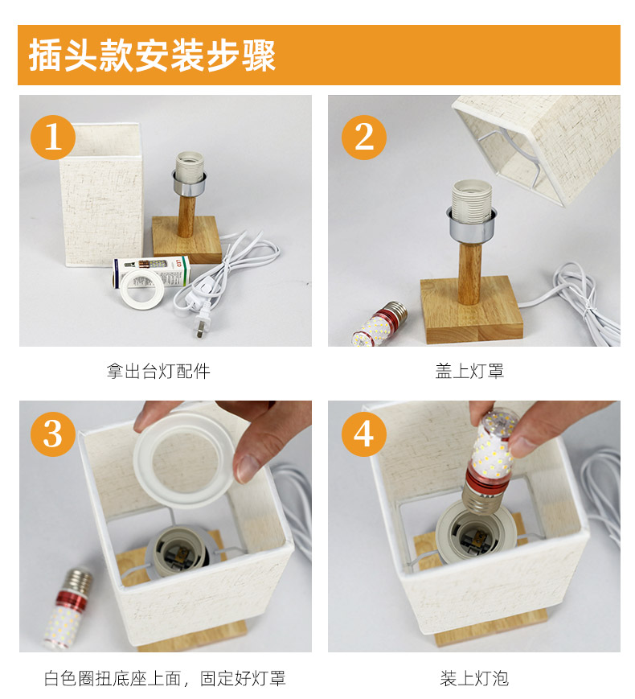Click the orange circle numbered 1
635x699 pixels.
click(x=52, y=137)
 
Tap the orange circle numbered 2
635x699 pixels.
click(x=363, y=137)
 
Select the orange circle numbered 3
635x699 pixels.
click(x=52, y=434)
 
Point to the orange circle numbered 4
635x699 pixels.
click(x=363, y=434)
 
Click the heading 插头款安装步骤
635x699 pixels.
click(x=153, y=56)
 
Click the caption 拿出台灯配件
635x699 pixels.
click(x=158, y=371)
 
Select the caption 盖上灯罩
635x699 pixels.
click(x=469, y=371)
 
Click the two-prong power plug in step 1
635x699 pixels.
click(x=203, y=319)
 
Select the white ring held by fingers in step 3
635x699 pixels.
click(x=185, y=459)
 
